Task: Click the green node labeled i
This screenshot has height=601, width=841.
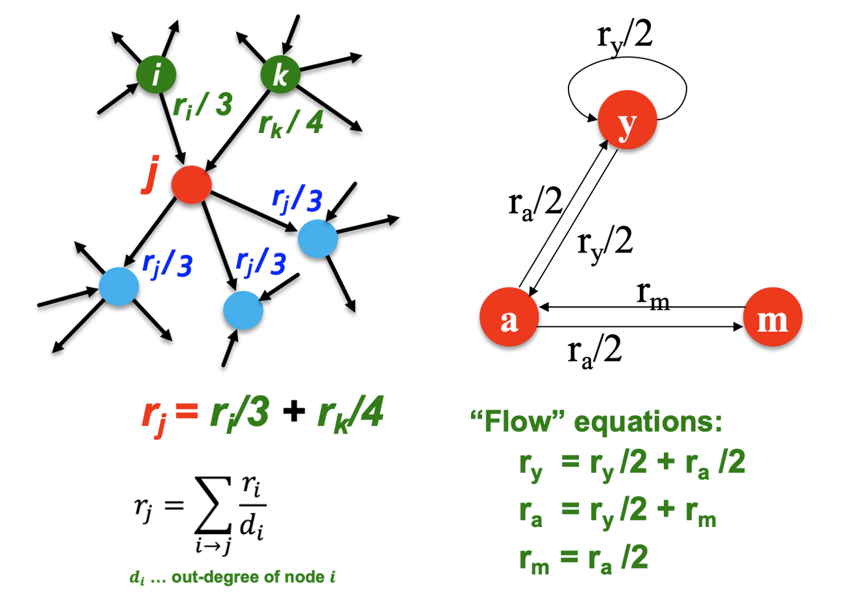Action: pos(156,75)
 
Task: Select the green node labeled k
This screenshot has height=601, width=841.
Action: pos(280,75)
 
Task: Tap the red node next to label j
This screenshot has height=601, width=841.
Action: pos(191,184)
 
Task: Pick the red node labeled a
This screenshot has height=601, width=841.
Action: pos(509,317)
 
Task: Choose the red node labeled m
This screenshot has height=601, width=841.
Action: pos(772,317)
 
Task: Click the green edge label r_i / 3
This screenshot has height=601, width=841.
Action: pos(202,104)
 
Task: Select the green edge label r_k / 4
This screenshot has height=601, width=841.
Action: pos(291,121)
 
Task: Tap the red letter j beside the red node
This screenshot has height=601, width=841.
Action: pos(150,175)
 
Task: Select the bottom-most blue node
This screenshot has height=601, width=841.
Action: pos(243,311)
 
